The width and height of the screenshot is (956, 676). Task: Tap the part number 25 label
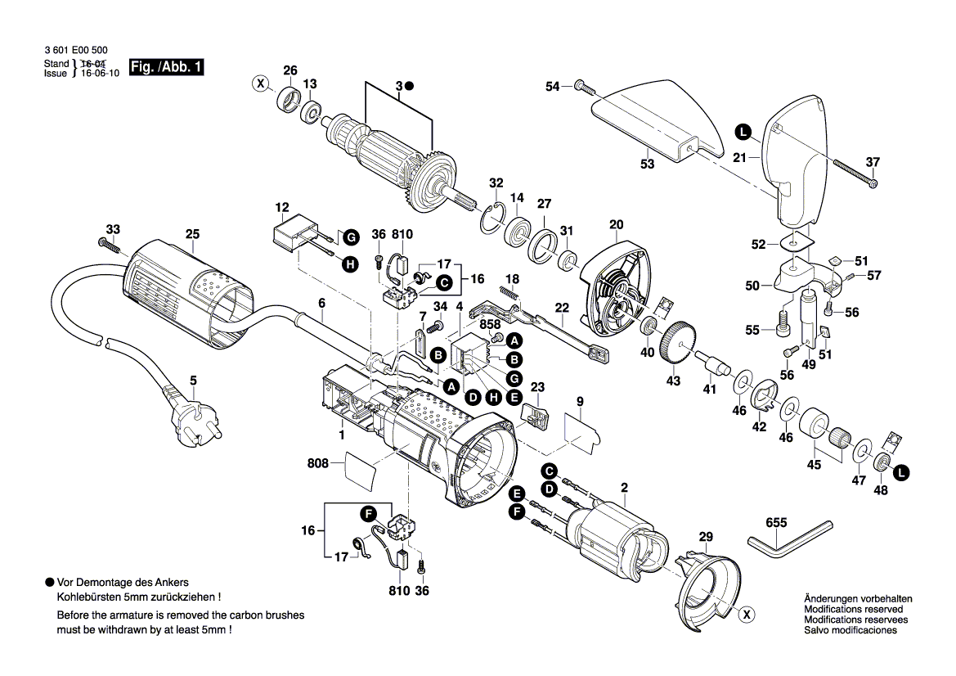coord(192,234)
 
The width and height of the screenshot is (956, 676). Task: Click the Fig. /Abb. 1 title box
coord(168,68)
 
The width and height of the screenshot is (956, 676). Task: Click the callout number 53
coord(647,164)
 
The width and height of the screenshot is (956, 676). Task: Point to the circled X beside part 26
coord(260,83)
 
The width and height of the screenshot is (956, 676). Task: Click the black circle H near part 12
coord(349,264)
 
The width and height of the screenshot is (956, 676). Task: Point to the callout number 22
coord(561,307)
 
